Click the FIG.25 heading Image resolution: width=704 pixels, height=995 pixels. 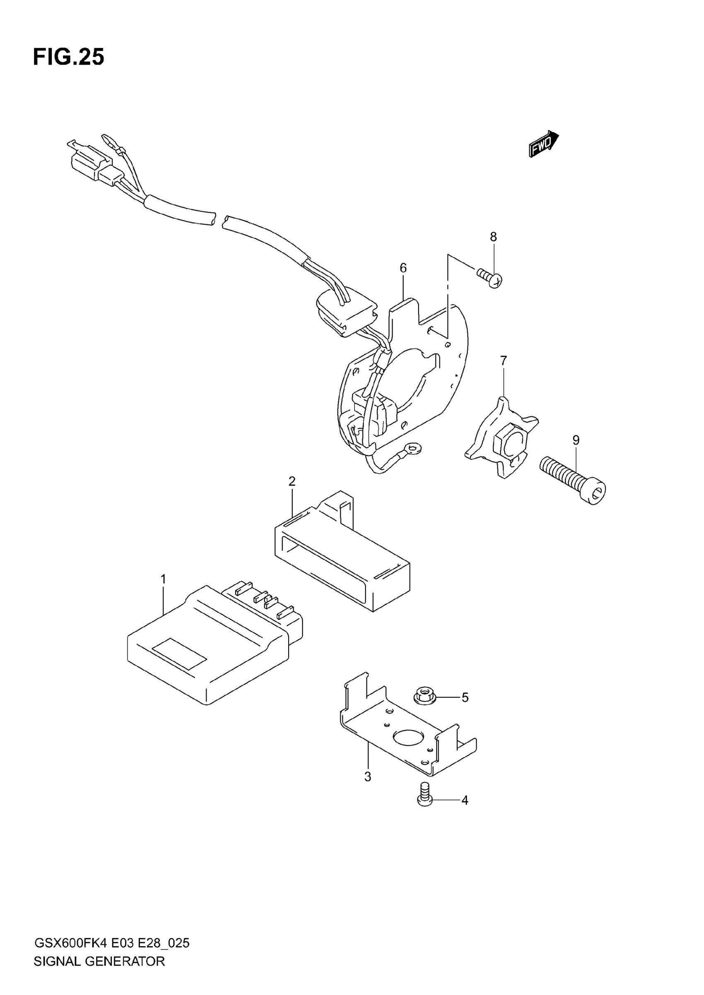(68, 57)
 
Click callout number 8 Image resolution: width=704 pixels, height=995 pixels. (493, 237)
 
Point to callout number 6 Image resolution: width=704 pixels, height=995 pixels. (403, 268)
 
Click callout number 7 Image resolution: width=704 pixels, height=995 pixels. (503, 361)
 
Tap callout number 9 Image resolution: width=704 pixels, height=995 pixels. (576, 440)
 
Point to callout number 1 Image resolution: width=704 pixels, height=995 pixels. (164, 579)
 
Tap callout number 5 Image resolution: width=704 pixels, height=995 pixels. (465, 697)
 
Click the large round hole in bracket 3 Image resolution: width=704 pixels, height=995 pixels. (408, 737)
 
